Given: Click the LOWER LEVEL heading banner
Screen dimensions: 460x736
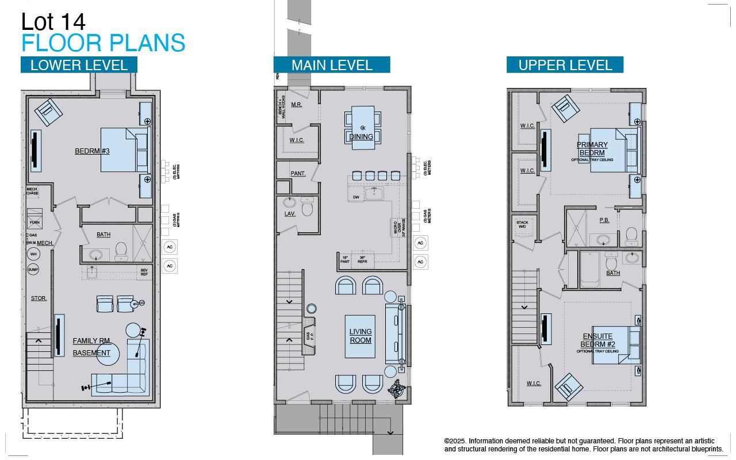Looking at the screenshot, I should [79, 65].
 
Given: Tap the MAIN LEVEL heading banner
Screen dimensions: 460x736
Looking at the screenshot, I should [332, 65].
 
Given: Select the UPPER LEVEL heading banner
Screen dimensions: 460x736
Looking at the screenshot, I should [565, 65].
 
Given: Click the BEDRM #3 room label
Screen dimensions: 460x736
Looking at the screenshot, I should [92, 151].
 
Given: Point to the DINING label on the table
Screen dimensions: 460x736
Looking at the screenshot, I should [361, 136].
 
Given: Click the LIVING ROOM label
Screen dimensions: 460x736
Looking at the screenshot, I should [361, 336].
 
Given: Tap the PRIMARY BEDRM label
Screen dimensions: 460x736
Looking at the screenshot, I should [592, 149].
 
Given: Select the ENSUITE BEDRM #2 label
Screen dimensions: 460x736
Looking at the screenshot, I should [597, 340].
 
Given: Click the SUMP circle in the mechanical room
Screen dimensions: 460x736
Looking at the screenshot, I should [33, 269].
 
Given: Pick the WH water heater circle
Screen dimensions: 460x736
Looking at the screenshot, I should [33, 254].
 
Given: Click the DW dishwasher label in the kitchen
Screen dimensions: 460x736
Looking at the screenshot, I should [356, 197].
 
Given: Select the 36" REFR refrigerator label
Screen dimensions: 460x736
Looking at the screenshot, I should [362, 259].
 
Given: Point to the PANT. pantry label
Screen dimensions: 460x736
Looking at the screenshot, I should [298, 173].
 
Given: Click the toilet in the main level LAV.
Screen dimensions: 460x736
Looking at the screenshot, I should [307, 208].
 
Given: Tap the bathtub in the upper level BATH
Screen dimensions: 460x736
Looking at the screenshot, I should [590, 270].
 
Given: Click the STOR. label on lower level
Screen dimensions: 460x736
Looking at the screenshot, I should [39, 298].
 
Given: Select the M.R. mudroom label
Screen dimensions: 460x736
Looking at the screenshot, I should [296, 105].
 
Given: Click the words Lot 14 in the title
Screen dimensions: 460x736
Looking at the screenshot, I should [53, 22].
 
